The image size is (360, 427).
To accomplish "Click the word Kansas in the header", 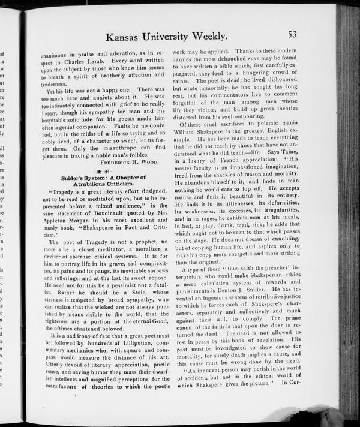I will (x=127, y=37).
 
